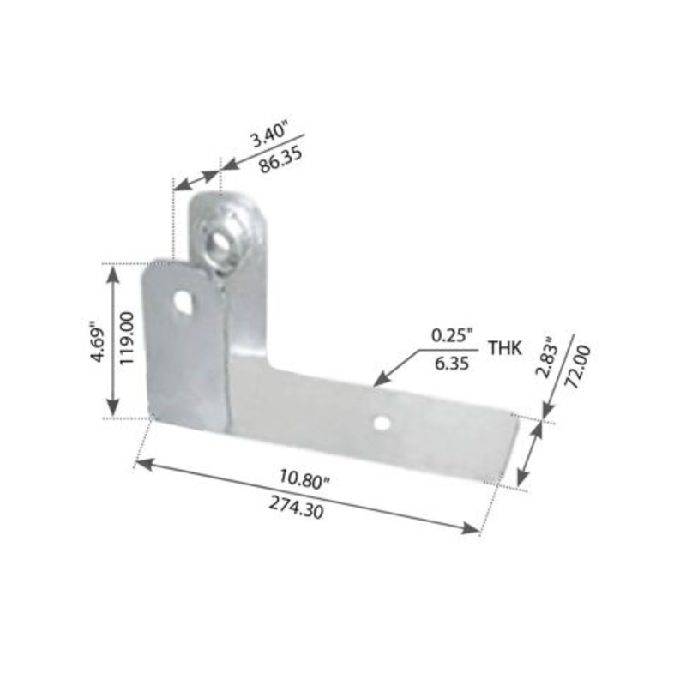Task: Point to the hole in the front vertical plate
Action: (183, 303)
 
